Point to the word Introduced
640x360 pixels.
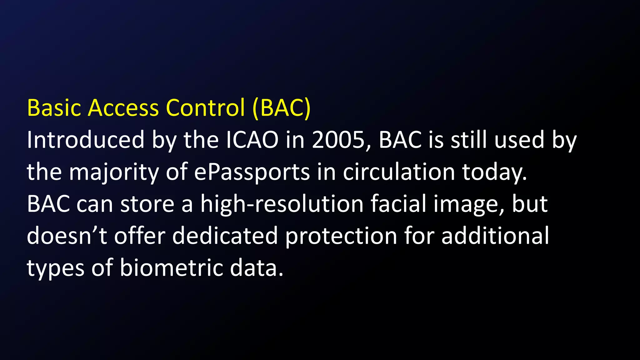click(x=85, y=140)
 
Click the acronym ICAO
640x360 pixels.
click(x=252, y=140)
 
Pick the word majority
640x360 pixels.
click(x=114, y=172)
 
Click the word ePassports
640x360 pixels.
click(x=252, y=172)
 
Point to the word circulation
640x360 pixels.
click(x=399, y=172)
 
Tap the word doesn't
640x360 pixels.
click(x=67, y=236)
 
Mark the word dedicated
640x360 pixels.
click(x=225, y=236)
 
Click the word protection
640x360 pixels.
click(x=341, y=236)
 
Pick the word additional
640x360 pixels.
click(x=495, y=236)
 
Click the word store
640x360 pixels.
click(x=147, y=204)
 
